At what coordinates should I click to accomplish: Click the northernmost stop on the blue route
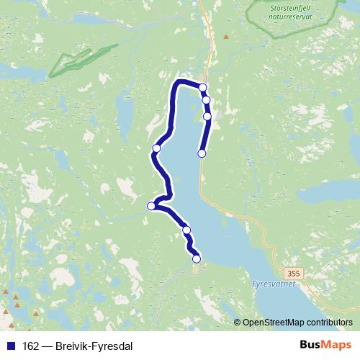pos(203,88)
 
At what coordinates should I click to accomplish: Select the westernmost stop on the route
pos(151,206)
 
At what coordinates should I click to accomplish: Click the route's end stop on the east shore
pos(202,153)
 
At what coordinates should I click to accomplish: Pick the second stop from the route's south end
pos(186,230)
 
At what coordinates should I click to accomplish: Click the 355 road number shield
pos(292,274)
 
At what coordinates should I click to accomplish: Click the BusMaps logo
pos(323,345)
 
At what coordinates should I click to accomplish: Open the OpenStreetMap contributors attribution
pos(297,323)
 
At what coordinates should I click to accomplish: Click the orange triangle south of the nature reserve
pos(226,37)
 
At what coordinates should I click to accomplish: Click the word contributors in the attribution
pos(328,323)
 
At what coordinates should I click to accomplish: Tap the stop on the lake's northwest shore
pos(156,149)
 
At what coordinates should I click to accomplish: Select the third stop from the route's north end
pos(207,116)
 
